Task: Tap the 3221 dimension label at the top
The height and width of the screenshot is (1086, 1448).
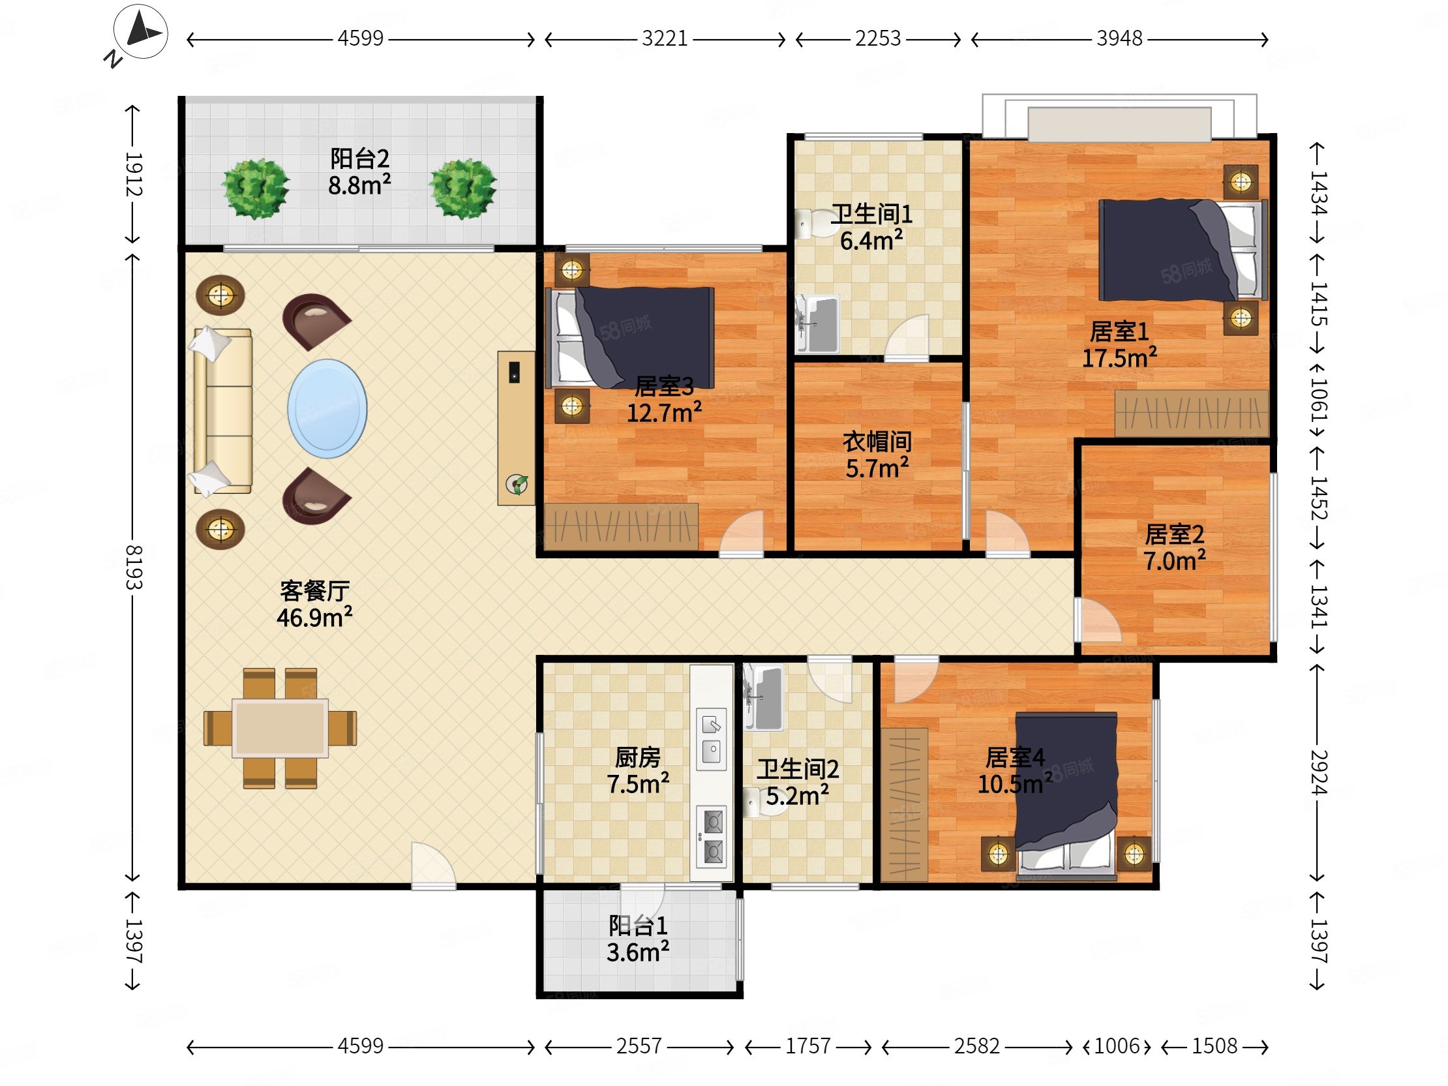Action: coord(665,38)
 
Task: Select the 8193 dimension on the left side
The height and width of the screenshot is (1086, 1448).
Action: coord(134,567)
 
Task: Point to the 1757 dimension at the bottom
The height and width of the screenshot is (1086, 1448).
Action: coord(807,1046)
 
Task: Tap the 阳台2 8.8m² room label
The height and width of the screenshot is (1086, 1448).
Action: coord(359,172)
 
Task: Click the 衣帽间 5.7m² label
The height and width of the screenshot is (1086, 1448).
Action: coord(877,455)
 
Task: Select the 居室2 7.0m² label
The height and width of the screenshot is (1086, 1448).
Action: coord(1174,548)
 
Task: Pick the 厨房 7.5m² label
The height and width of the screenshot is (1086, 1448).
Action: coord(638,770)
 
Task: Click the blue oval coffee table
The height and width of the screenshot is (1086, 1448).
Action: coord(327,408)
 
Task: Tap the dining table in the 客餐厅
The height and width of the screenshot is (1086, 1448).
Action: coord(280,728)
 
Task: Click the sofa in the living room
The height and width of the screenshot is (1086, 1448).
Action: coord(222,411)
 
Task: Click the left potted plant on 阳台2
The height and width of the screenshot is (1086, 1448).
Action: coord(255,189)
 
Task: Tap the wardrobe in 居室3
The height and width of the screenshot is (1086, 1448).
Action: coord(621,526)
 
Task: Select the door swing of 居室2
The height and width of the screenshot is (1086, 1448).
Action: coord(1098,619)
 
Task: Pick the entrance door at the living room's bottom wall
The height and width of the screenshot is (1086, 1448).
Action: coord(433,866)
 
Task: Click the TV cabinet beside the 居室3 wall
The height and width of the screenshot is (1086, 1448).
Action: coord(516,428)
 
